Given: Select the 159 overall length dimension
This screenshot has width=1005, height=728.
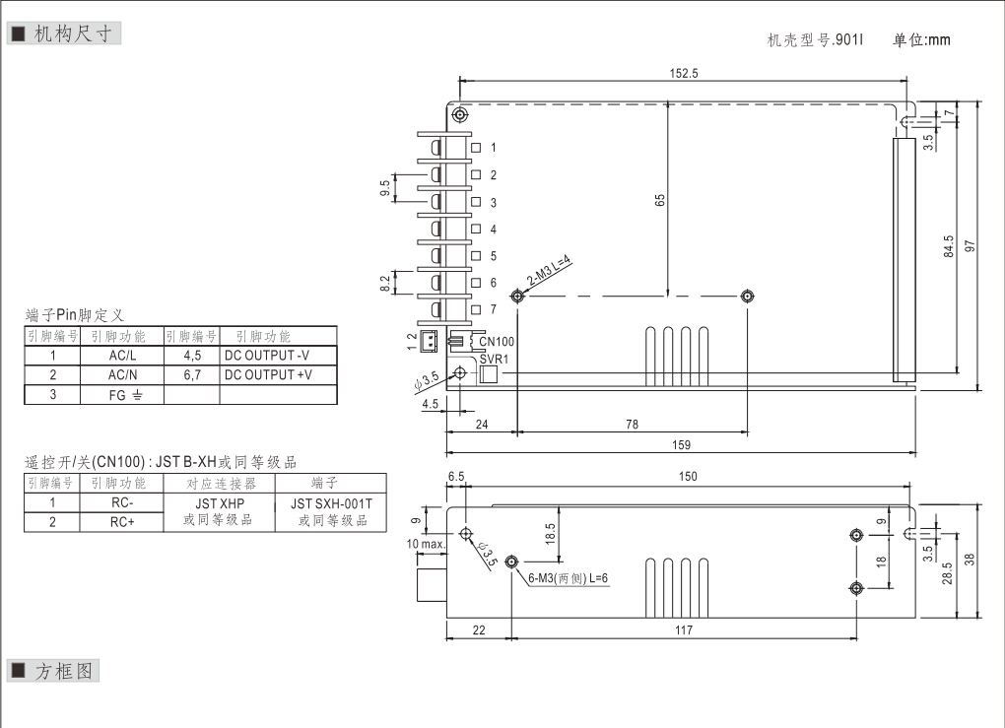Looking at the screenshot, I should [x=681, y=444].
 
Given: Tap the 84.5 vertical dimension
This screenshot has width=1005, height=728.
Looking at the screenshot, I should [x=949, y=245].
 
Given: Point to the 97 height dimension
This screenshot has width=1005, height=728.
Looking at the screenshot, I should [x=971, y=245].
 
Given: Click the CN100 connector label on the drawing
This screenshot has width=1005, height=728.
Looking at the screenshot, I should [x=496, y=342].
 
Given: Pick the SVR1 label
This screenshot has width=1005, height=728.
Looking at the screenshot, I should [x=494, y=359].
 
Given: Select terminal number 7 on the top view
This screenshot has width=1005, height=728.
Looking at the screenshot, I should [x=493, y=309].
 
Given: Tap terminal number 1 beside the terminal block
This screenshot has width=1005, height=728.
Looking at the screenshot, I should [x=493, y=147].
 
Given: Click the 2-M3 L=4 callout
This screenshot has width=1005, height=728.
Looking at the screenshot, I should [x=549, y=271].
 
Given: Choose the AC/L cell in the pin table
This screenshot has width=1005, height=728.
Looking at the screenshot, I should [x=123, y=356].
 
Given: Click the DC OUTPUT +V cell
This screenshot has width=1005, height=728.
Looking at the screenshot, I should [x=268, y=374].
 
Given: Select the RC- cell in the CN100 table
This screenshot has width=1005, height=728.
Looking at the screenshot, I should [x=122, y=502].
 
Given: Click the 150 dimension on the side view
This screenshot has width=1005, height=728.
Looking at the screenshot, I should [x=687, y=477].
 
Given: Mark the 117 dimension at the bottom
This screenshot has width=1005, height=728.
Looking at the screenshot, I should [x=683, y=630].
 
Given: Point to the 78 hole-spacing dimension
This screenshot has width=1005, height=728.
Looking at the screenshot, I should [x=632, y=425].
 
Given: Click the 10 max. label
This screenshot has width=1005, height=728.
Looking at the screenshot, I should [x=425, y=544].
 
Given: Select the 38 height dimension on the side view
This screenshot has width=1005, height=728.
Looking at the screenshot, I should [x=970, y=559].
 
